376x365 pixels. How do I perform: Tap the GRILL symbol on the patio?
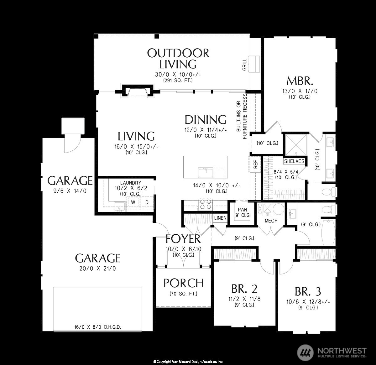point(253,64)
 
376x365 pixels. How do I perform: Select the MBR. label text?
point(300,81)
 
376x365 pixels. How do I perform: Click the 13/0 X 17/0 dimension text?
point(300,91)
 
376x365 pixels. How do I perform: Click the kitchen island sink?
point(206,173)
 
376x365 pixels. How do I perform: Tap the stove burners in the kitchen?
point(206,205)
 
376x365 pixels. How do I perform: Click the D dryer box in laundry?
point(147,202)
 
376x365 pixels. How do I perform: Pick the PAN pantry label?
point(243,210)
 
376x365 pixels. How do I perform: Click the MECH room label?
point(271,221)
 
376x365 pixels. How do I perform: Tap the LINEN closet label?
point(220,218)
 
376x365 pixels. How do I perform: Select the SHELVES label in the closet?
point(294,161)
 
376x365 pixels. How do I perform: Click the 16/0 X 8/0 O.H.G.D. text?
point(97,327)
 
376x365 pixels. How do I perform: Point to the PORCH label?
point(183,283)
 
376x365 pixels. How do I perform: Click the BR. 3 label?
point(308,291)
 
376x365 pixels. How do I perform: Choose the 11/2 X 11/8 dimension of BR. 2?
point(244,299)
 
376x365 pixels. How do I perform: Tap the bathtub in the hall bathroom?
point(328,232)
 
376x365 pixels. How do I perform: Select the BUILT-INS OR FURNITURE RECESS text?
point(243,116)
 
